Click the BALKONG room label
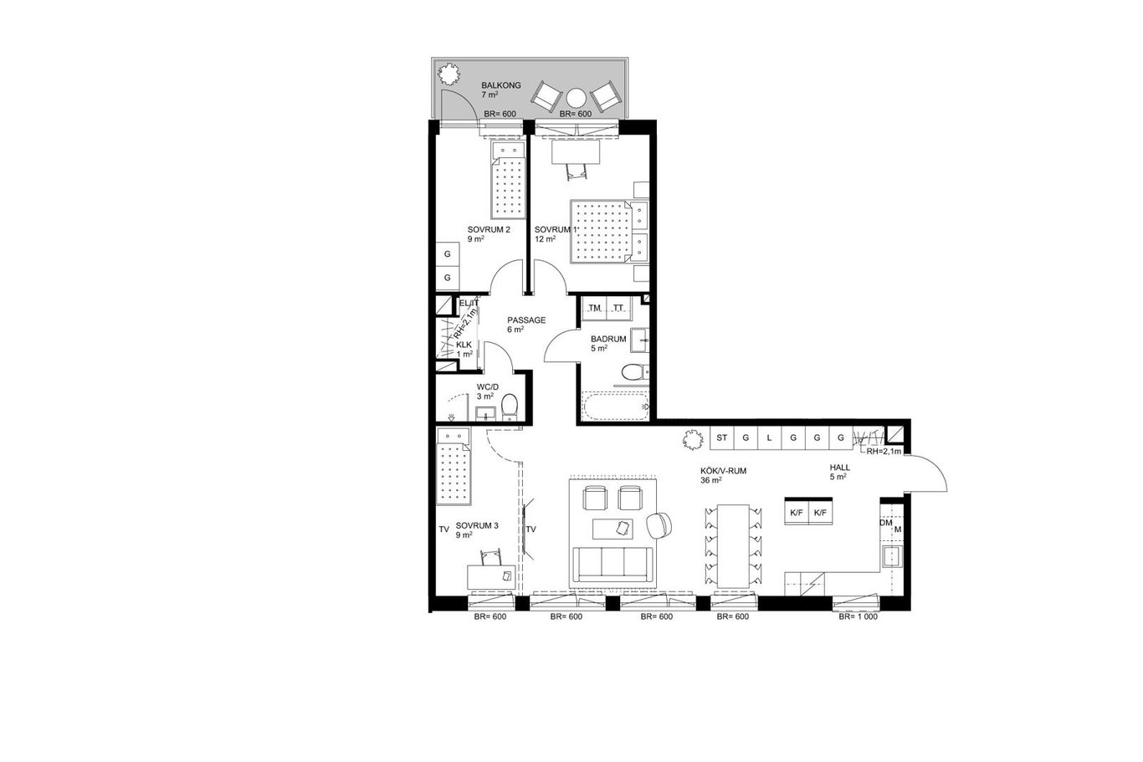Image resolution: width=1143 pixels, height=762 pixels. pos(501,85)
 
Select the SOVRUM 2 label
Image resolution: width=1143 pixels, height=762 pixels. pos(489,229)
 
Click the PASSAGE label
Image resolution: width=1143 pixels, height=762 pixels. pos(526,320)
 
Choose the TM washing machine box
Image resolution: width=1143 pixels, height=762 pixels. pos(594,308)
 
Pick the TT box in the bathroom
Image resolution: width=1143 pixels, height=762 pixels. pos(618,308)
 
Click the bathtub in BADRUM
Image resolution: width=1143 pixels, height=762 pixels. pos(615,406)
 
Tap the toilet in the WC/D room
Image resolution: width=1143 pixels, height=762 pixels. pos(510,407)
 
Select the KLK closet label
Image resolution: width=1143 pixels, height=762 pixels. pos(464,345)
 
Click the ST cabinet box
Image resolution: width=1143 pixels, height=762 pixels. pos(721,437)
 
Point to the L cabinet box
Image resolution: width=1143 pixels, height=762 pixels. pos(769,437)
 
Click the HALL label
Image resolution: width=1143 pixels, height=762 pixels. pos(839,468)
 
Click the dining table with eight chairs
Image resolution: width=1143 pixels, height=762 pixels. pos(733,546)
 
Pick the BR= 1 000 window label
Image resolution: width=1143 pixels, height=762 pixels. pos(859,616)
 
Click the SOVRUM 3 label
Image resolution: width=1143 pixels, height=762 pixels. pos(477,525)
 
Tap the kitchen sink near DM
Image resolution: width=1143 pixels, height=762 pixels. pos(893,556)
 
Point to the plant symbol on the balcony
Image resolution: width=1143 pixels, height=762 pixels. pos(449,74)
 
